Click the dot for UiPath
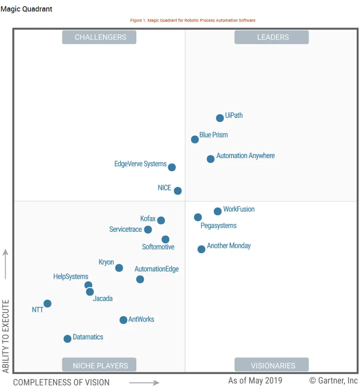coord(220,118)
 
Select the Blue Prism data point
coord(195,140)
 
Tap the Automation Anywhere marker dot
coord(210,159)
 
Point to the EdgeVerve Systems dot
coord(172,167)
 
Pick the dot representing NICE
coord(178,191)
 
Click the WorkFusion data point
coord(217,211)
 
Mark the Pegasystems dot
coord(198,217)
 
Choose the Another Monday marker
coord(201,249)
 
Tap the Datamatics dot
coord(67,339)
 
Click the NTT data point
coord(47,304)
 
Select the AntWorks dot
coord(123,320)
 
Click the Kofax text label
coord(148,219)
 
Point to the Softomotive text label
coord(158,247)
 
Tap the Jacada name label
coord(103,299)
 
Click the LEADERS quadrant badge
coord(271,37)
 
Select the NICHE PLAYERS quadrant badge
coord(99,365)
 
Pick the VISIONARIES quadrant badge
coord(271,365)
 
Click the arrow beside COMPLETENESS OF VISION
coord(144,383)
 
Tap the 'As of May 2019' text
coord(255,380)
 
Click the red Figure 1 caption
coord(193,20)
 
